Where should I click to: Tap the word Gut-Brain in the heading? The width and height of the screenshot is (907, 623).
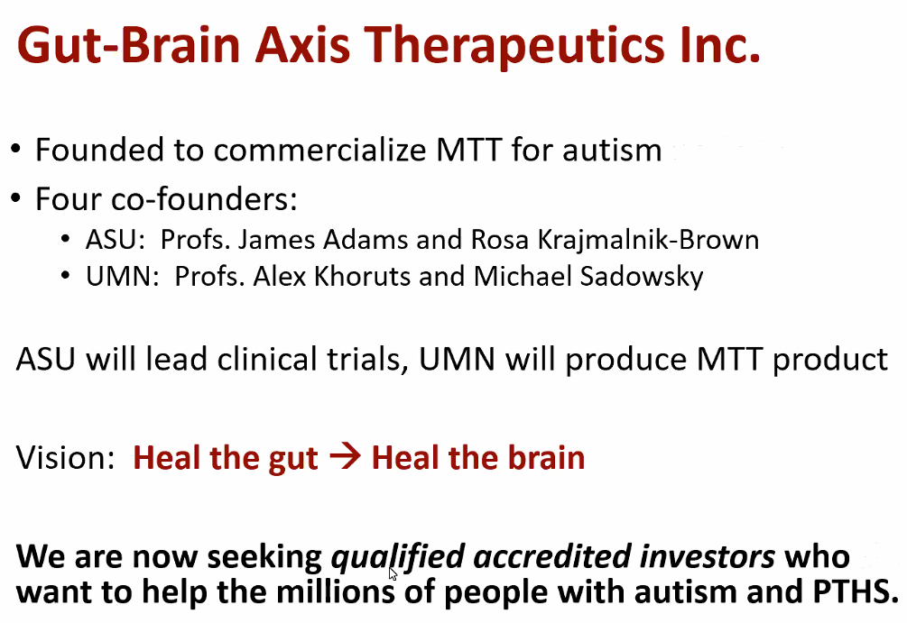pyautogui.click(x=128, y=45)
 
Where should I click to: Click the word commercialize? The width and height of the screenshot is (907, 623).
pyautogui.click(x=319, y=150)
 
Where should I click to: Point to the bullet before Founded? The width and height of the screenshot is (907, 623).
pyautogui.click(x=15, y=150)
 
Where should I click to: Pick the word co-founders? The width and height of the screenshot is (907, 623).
pyautogui.click(x=204, y=199)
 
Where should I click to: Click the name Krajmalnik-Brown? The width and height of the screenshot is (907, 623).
pyautogui.click(x=648, y=241)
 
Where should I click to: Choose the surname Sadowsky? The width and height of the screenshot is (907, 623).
pyautogui.click(x=642, y=277)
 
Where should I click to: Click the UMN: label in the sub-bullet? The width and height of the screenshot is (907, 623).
pyautogui.click(x=123, y=276)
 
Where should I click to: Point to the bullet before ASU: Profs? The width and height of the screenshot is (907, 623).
pyautogui.click(x=66, y=239)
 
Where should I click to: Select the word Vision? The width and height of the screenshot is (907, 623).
pyautogui.click(x=65, y=458)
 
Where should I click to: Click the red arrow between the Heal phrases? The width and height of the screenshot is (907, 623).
pyautogui.click(x=345, y=457)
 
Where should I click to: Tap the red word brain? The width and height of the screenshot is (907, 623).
pyautogui.click(x=547, y=458)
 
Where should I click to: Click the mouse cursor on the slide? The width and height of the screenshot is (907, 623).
pyautogui.click(x=393, y=573)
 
